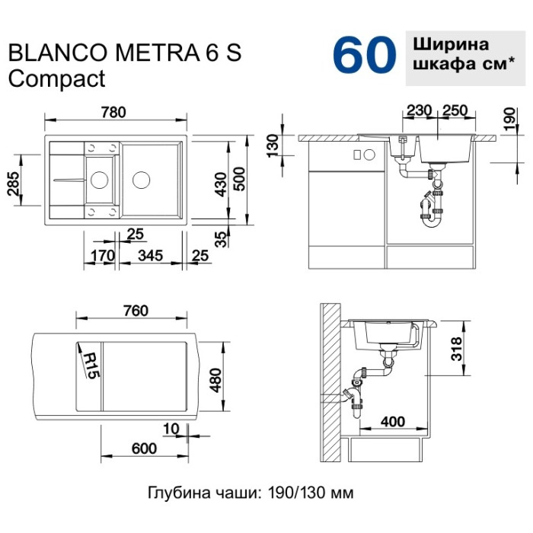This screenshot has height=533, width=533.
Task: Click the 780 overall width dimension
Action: click(x=114, y=111)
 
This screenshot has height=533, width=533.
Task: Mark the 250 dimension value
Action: click(x=455, y=110)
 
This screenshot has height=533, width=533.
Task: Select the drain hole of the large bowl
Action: click(x=141, y=180)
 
